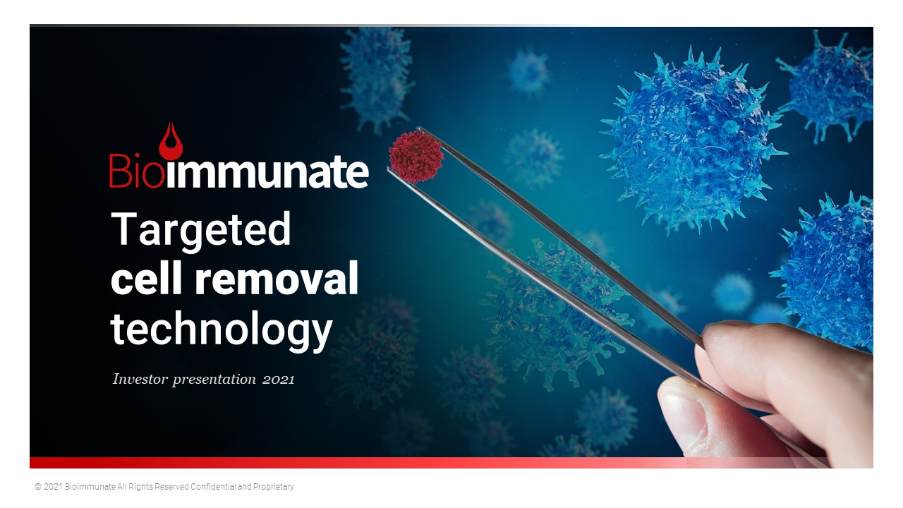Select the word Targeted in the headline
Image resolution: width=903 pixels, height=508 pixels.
(201, 231)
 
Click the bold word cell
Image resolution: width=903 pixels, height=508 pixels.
(146, 278)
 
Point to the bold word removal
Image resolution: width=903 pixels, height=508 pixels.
(277, 278)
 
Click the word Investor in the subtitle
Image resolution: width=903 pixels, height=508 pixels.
(140, 379)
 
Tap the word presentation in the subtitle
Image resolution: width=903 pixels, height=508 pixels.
(214, 380)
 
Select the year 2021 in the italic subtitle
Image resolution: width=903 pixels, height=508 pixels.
(279, 380)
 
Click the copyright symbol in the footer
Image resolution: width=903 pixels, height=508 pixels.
(38, 487)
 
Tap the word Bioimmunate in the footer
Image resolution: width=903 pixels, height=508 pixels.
(90, 487)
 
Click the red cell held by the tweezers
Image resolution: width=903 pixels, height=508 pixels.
(416, 157)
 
